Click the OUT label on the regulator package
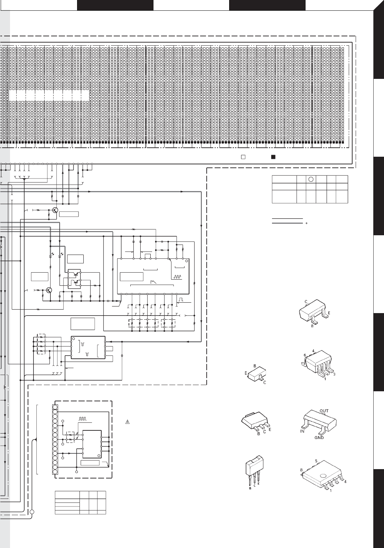(x=324, y=411)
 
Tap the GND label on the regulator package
(x=319, y=437)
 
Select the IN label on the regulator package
(x=302, y=431)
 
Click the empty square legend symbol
(x=243, y=157)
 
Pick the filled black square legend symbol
(x=273, y=157)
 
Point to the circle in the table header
(x=311, y=179)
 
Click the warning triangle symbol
(x=127, y=422)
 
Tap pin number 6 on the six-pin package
(x=305, y=355)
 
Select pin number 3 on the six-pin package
(x=334, y=374)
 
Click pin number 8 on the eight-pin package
(x=301, y=470)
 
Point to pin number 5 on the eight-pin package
(x=316, y=461)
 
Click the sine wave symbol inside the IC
(x=177, y=277)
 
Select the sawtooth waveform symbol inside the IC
(x=153, y=282)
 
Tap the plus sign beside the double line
(x=307, y=223)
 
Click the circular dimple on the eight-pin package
(x=323, y=476)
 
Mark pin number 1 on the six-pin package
(x=325, y=379)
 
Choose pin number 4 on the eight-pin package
(x=345, y=482)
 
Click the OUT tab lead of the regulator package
(x=323, y=414)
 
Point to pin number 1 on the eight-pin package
(x=331, y=490)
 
